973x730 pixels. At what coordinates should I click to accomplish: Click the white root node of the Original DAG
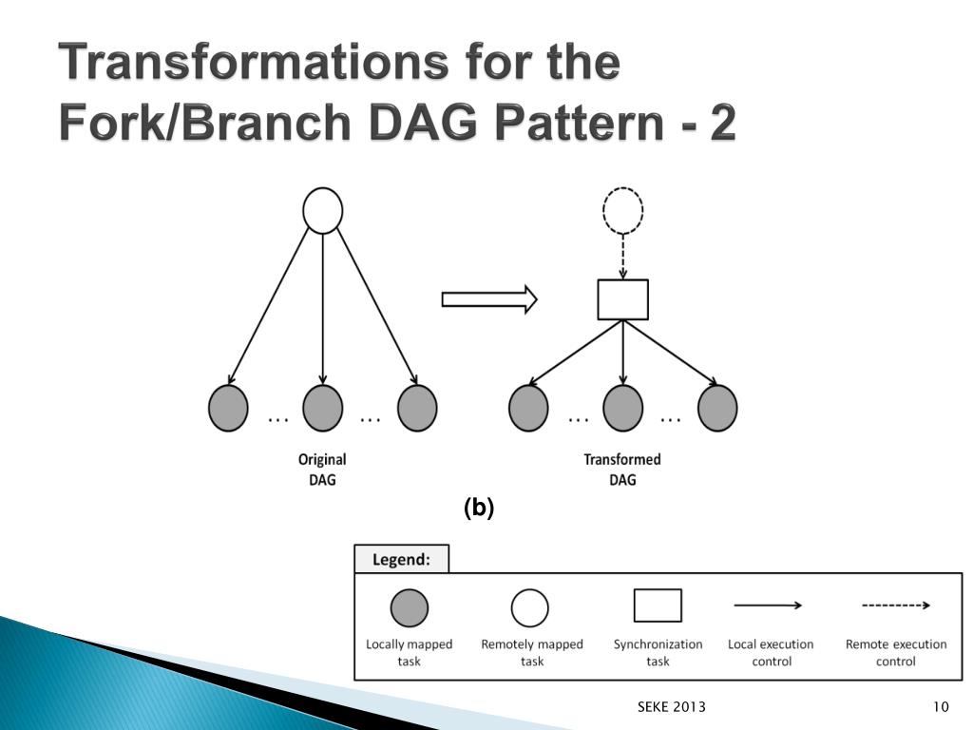(x=322, y=211)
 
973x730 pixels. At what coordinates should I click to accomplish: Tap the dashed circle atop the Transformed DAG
(x=623, y=210)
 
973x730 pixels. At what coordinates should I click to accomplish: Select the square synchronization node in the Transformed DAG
(x=622, y=299)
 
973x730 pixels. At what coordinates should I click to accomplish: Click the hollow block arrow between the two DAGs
(x=489, y=300)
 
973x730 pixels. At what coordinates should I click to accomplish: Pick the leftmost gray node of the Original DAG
(x=228, y=408)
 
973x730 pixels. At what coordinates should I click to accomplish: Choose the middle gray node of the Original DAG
(x=322, y=408)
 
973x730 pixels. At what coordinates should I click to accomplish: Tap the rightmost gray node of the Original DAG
(x=417, y=408)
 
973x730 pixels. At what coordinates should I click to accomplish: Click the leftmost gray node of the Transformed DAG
(x=528, y=408)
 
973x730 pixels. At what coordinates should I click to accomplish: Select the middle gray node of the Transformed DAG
(x=622, y=408)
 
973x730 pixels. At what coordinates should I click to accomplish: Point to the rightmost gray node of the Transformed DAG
(x=717, y=408)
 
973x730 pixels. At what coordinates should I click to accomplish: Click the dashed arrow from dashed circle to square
(x=623, y=257)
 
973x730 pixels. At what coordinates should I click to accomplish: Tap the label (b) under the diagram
(x=479, y=509)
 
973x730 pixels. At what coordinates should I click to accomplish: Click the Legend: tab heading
(x=401, y=559)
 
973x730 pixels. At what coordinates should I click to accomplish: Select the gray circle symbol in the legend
(x=410, y=608)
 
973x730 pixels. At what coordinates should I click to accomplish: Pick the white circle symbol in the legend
(x=530, y=608)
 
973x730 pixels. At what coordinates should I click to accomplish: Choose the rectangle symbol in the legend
(x=658, y=605)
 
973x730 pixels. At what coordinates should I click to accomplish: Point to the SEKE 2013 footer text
(x=671, y=706)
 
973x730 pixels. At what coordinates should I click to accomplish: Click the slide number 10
(x=942, y=706)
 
